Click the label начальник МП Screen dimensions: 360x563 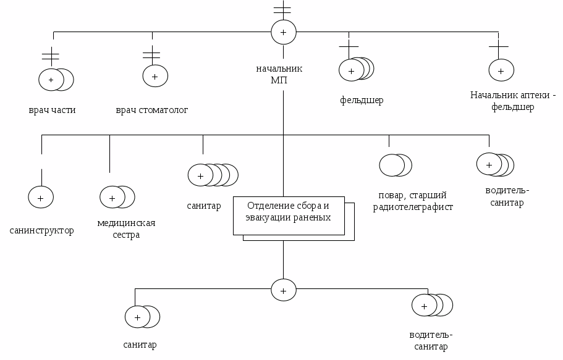(279, 74)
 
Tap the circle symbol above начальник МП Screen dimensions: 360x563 (284, 32)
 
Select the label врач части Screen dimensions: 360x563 (52, 110)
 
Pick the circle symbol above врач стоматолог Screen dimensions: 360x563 (155, 76)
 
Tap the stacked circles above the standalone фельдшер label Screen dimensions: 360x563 (356, 70)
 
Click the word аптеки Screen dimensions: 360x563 (531, 95)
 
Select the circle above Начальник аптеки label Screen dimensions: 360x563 (501, 70)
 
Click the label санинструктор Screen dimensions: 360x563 (41, 230)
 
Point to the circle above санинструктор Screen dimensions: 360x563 (41, 198)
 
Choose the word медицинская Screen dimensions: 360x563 (126, 223)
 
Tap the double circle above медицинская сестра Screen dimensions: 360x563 (117, 198)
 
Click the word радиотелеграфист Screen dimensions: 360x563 (413, 207)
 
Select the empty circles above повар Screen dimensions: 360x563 (395, 165)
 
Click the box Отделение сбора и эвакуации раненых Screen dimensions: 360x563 (289, 216)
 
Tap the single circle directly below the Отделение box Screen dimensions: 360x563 (284, 290)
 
